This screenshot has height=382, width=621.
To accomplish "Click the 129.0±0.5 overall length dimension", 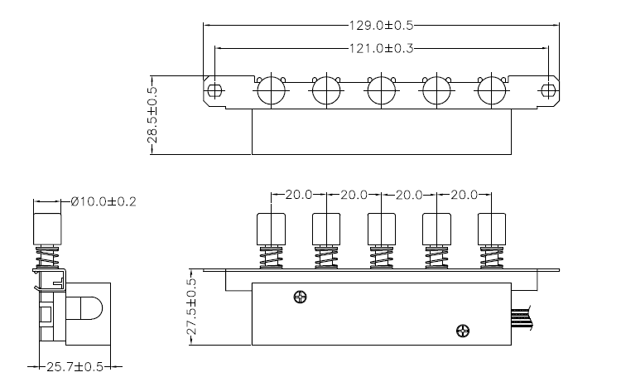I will point(380,27).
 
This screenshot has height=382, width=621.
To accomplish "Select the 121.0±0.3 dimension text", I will point(380,49).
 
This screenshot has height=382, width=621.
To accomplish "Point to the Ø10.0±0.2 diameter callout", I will point(104,201).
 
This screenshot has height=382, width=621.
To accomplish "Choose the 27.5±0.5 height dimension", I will point(192,307).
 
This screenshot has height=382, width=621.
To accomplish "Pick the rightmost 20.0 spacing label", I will point(463,196).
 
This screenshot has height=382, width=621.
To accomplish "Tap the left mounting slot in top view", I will point(214,89).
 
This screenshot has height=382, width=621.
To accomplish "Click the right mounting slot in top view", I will point(546,89).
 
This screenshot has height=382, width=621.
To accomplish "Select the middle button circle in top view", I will point(380,89).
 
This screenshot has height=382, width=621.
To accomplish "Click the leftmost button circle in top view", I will point(270,89).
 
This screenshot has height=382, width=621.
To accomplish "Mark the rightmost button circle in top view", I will point(490,89).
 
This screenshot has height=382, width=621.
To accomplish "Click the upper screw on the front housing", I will point(299,297).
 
